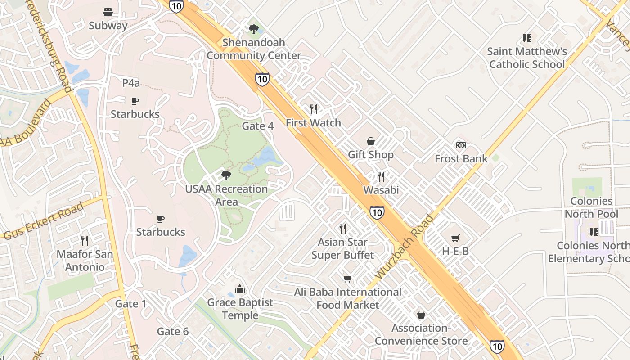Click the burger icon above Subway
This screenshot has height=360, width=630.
(108, 12)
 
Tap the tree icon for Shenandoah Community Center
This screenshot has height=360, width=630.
(254, 29)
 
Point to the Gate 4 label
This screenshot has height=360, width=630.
(258, 126)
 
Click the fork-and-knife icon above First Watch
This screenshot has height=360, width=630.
(314, 109)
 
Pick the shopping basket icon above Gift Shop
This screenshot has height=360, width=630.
(371, 141)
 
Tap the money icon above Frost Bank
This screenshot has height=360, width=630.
(461, 145)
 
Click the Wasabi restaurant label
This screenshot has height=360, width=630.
(381, 190)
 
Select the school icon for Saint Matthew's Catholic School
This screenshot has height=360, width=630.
(526, 38)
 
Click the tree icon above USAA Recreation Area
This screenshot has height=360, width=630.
(226, 175)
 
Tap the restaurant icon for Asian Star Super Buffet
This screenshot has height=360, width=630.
(343, 229)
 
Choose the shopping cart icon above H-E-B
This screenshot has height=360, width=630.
(455, 238)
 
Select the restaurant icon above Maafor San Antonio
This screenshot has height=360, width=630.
(84, 241)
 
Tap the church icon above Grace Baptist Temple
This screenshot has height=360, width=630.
(240, 289)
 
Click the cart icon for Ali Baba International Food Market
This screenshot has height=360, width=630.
(347, 279)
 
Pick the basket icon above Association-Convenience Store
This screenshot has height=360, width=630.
(421, 315)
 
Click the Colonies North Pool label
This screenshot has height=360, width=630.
(591, 207)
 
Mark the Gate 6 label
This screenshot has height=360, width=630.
(173, 332)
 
